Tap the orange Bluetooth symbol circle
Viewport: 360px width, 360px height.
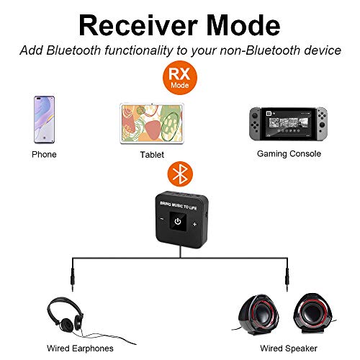(x=179, y=174)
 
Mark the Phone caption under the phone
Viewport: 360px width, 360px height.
(x=44, y=154)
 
